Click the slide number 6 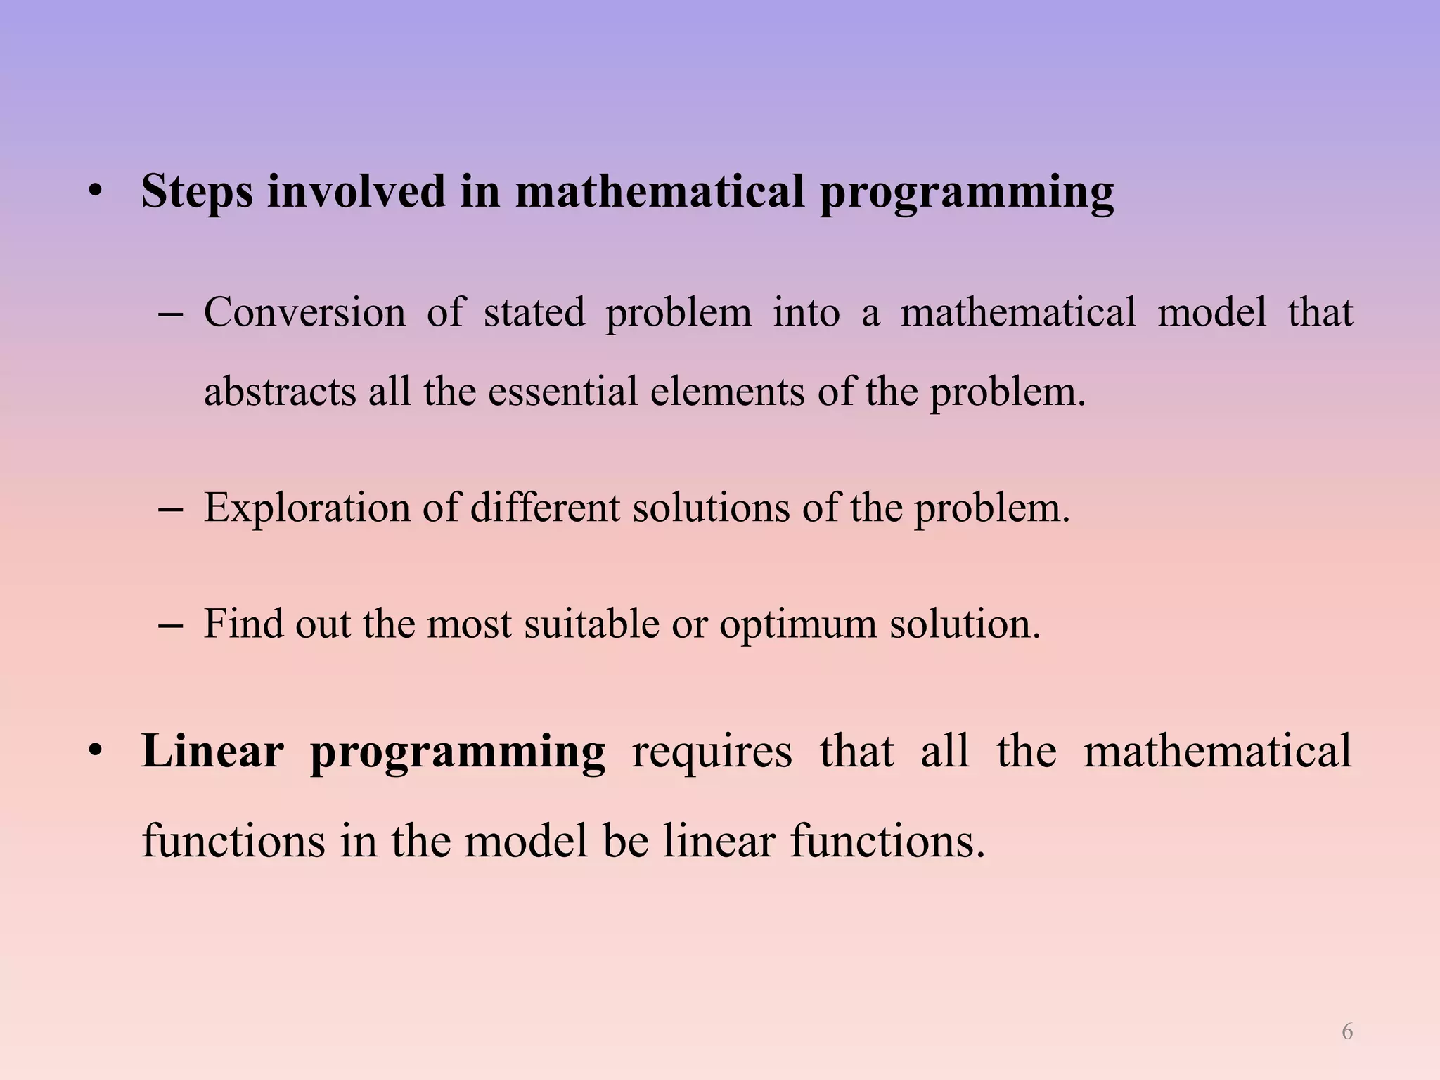(x=1346, y=1031)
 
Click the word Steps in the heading (x=197, y=191)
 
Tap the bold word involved (x=356, y=191)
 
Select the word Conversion (x=304, y=312)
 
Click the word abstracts (x=280, y=392)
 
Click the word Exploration (x=307, y=508)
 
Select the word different (x=545, y=508)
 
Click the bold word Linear (x=212, y=751)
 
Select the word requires (x=712, y=751)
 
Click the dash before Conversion (x=171, y=314)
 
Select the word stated (x=534, y=312)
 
